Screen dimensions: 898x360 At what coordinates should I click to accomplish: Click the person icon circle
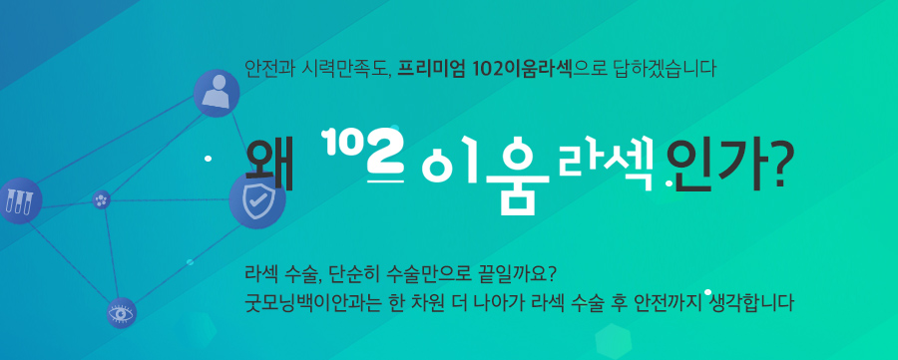(x=217, y=94)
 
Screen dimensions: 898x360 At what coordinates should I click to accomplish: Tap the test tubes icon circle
(x=19, y=200)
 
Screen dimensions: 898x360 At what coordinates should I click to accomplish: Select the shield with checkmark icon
(x=257, y=199)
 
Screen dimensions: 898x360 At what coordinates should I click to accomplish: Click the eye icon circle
(x=122, y=313)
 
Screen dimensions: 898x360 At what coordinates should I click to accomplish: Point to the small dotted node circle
(x=102, y=199)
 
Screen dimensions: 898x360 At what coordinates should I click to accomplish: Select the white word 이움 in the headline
(x=486, y=175)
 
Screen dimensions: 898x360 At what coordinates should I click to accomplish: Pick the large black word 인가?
(x=727, y=165)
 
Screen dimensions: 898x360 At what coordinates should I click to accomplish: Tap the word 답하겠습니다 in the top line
(x=665, y=69)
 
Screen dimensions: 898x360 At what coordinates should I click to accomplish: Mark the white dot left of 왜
(x=208, y=158)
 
